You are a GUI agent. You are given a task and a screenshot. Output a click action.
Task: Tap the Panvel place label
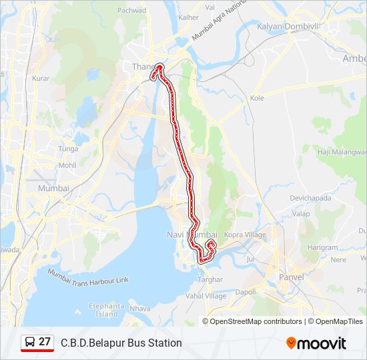(292, 277)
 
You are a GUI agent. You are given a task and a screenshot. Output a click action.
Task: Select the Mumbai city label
(53, 188)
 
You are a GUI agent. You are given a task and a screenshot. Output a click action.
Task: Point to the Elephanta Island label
(107, 309)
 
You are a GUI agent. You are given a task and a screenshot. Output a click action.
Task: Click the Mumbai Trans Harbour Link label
(88, 276)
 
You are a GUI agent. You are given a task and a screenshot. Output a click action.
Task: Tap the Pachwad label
(131, 10)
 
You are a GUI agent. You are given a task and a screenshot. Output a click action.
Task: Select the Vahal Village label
(206, 295)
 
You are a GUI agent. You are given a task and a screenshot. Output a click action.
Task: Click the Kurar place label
(41, 78)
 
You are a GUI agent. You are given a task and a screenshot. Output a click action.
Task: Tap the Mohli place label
(67, 165)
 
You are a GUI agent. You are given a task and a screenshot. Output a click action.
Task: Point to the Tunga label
(68, 149)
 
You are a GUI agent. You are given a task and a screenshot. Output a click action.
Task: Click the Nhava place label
(140, 308)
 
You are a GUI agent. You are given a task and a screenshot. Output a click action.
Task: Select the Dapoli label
(246, 292)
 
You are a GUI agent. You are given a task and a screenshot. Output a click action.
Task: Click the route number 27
(45, 342)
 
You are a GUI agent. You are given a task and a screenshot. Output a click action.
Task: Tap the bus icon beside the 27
(29, 343)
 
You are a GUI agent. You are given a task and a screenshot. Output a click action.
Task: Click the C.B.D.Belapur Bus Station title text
(121, 343)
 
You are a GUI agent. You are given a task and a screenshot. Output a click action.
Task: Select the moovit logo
(316, 343)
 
